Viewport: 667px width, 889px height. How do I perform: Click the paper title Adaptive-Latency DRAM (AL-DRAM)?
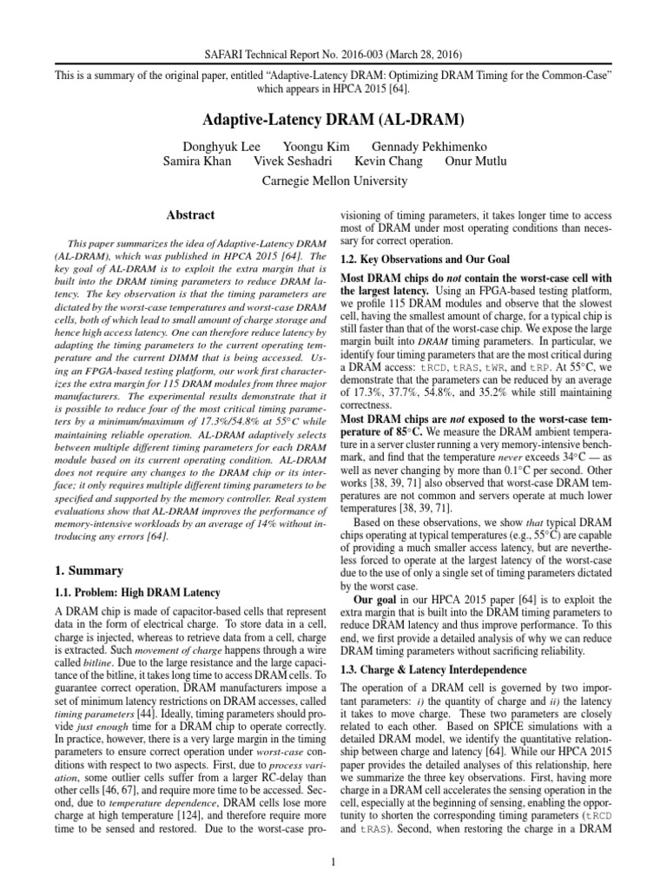coord(333,117)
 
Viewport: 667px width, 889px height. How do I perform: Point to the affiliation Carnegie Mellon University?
coord(333,181)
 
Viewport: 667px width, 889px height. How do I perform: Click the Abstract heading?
coord(190,214)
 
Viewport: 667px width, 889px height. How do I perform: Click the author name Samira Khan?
coord(197,161)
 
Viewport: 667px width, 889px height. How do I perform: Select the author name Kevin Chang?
coord(389,161)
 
